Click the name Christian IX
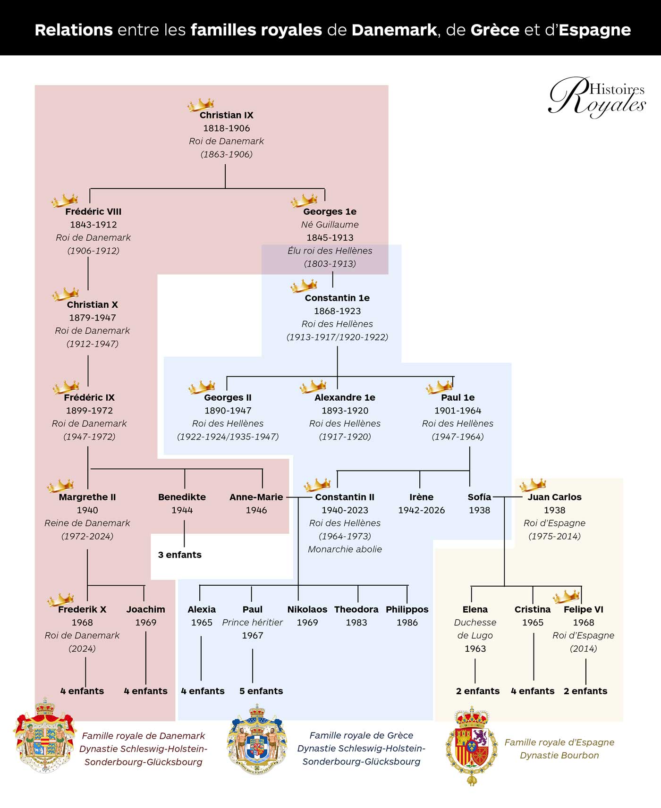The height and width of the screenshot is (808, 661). coord(226,115)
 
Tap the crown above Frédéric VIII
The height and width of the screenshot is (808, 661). coord(65,200)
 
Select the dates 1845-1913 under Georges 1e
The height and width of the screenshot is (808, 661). coord(330,237)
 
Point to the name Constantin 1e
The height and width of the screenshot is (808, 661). coord(337,298)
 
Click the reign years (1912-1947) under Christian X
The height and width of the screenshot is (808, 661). coord(93,344)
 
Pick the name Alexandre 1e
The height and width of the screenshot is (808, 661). coord(345,397)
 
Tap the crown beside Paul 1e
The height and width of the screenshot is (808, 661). coord(439,387)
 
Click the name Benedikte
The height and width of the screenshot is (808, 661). coord(182,497)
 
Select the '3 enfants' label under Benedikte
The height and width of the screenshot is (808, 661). coord(179,555)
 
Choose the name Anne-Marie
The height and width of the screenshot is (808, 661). coord(256,497)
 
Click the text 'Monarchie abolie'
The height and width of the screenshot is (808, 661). coord(345,549)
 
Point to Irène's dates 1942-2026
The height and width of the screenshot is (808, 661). coord(421,510)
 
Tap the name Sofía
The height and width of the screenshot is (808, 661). coord(479,497)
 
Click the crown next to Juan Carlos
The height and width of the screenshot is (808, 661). coord(532,485)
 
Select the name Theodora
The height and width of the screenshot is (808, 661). coord(356,609)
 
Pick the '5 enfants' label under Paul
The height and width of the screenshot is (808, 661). coord(261,691)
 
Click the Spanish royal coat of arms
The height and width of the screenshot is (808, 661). coord(472,745)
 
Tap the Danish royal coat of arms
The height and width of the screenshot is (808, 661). coord(45,736)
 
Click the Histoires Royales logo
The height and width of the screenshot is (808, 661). coord(597,96)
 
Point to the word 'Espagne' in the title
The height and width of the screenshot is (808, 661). coord(594,30)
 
